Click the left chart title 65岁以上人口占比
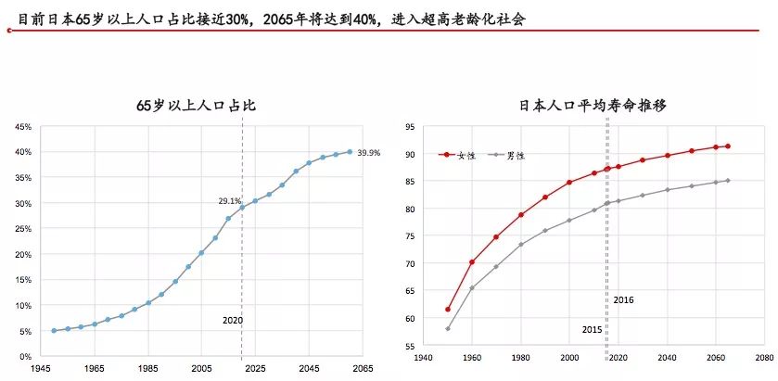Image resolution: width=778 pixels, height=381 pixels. coord(196,107)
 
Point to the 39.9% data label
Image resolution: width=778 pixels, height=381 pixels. coord(369,152)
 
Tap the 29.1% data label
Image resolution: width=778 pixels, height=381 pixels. coord(229,200)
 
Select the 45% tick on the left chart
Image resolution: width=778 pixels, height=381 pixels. coord(24,126)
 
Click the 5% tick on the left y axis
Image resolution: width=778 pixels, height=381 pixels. coord(27,331)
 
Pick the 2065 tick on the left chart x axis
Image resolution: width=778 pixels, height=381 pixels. coord(362,369)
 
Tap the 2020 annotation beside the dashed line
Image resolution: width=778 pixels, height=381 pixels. coord(232,321)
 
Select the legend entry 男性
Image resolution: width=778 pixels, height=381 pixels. coord(515,156)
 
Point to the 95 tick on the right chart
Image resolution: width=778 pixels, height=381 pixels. coord(406,125)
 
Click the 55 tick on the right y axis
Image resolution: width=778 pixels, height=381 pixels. coord(406,346)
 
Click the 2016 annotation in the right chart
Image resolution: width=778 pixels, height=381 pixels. coord(623,299)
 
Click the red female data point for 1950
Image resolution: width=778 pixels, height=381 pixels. coord(448,310)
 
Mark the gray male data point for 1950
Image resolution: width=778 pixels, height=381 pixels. coord(448,329)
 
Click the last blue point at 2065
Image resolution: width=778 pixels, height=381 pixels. coord(350,151)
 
